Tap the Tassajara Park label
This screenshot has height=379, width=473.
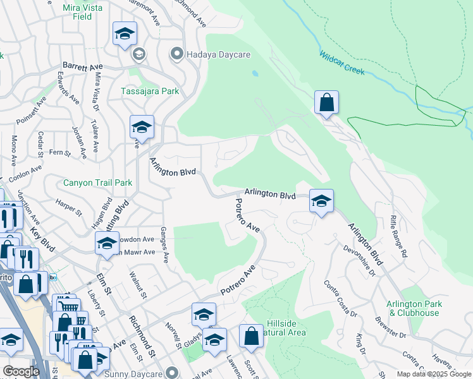[150, 91]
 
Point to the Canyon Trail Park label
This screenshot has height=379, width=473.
[98, 183]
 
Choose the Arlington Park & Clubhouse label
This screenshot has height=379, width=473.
[415, 308]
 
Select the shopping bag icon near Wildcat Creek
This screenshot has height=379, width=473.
[326, 102]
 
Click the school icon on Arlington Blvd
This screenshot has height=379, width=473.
[321, 201]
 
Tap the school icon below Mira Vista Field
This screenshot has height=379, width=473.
[125, 33]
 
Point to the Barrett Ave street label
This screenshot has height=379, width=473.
[82, 66]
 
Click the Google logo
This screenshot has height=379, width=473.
[21, 371]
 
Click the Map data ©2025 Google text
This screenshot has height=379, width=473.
[433, 374]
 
